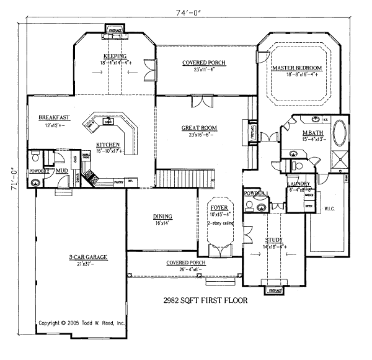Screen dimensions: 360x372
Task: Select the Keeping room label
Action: tap(115, 56)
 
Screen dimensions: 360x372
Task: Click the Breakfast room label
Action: tap(53, 117)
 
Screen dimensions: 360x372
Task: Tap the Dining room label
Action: tap(162, 216)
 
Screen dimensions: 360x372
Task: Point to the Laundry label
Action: tap(298, 184)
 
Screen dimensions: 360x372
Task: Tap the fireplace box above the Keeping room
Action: tap(115, 30)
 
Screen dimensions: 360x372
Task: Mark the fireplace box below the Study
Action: tap(274, 290)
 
